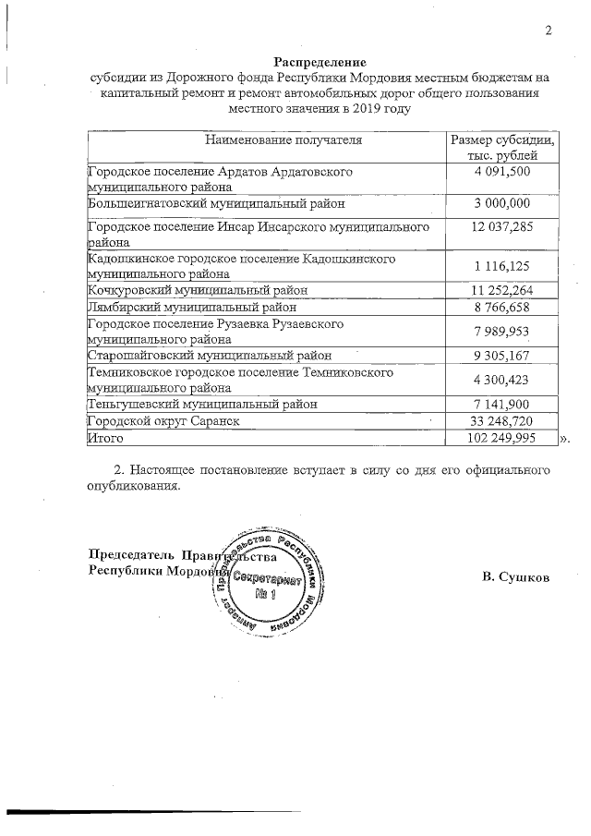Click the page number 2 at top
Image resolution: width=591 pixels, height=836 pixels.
click(548, 30)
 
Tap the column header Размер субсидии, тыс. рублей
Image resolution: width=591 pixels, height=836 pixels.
click(502, 148)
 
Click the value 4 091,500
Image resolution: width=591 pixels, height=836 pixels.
click(502, 172)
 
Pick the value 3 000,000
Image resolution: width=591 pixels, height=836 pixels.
click(502, 203)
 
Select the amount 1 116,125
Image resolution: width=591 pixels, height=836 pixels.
click(502, 266)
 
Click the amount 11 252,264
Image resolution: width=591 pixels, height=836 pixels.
click(502, 290)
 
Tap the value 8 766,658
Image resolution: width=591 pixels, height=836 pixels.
click(502, 306)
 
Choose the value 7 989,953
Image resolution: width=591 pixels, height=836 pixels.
click(502, 331)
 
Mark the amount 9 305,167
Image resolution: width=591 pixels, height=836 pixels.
click(502, 355)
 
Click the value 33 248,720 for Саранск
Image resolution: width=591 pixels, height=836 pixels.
click(502, 420)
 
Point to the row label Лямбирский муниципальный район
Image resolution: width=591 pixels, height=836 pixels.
click(192, 306)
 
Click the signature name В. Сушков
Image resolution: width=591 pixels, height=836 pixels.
click(516, 577)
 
